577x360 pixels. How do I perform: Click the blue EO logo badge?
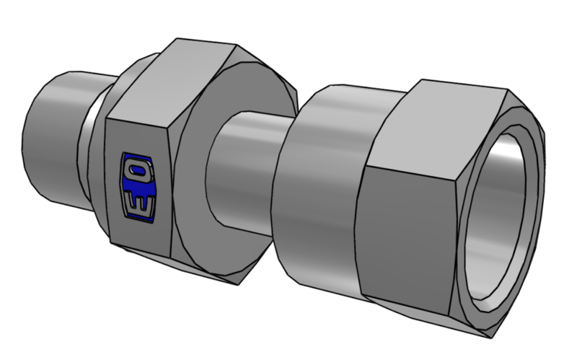point(138,188)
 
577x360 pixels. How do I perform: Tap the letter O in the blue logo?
point(138,170)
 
